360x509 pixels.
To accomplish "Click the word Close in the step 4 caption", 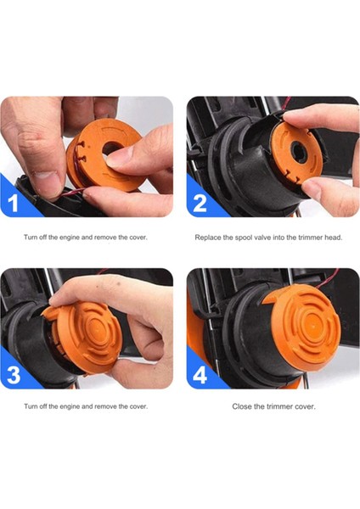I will point(243,407).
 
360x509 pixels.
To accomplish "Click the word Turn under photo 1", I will point(31,238).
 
